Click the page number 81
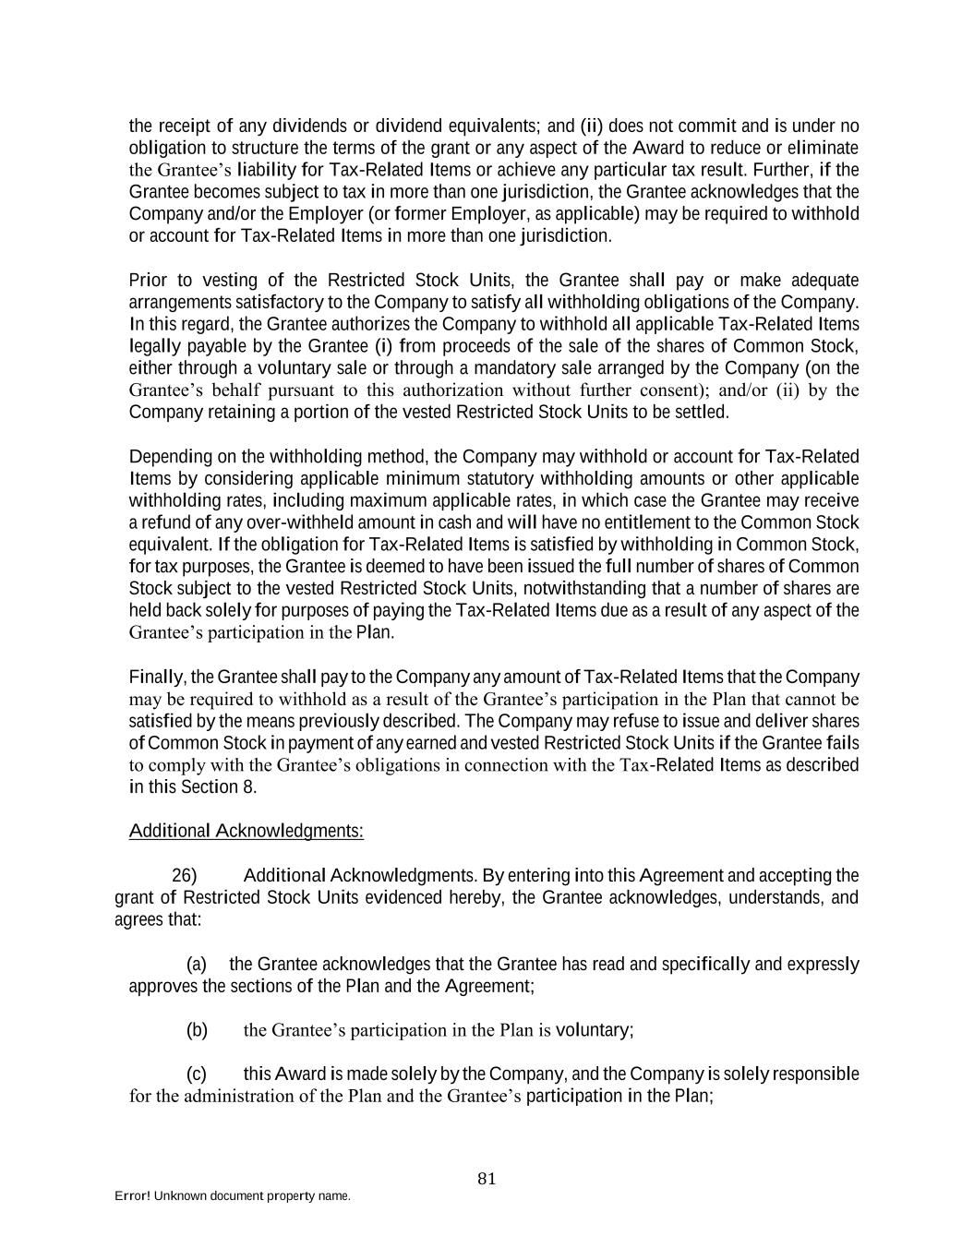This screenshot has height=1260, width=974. click(x=487, y=1178)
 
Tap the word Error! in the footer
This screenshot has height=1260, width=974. click(x=132, y=1195)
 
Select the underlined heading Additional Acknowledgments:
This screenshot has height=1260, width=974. click(x=247, y=831)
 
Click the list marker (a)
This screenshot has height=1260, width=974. click(x=197, y=965)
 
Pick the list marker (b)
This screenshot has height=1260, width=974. click(x=197, y=1029)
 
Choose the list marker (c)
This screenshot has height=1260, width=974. click(x=197, y=1074)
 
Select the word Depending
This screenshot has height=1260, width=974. click(x=167, y=457)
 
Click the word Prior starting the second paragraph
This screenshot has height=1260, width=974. click(x=149, y=280)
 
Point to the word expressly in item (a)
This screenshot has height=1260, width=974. click(x=823, y=965)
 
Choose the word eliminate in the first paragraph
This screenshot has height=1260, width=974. click(x=824, y=148)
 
